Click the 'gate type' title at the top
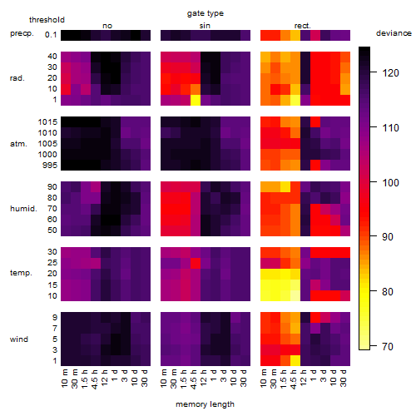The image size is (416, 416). tap(206, 13)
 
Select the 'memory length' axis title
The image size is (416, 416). tap(205, 404)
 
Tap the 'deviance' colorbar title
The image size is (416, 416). tap(394, 33)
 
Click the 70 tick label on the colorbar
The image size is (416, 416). tap(388, 346)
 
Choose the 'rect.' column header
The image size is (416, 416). tap(302, 26)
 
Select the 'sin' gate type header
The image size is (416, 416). tap(205, 26)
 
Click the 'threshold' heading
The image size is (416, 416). tap(47, 20)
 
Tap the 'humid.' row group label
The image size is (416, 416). tap(23, 209)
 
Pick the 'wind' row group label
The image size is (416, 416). tap(19, 339)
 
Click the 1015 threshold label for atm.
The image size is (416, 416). tap(47, 122)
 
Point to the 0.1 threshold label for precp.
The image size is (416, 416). tap(51, 35)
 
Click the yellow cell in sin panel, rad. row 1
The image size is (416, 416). tap(196, 100)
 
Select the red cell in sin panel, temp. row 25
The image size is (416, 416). tap(196, 263)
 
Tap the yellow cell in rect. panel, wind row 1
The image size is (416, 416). tap(295, 360)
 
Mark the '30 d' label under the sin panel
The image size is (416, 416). tap(244, 379)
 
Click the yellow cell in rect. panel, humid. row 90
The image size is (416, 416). tap(285, 186)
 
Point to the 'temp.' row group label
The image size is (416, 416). tap(21, 273)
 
